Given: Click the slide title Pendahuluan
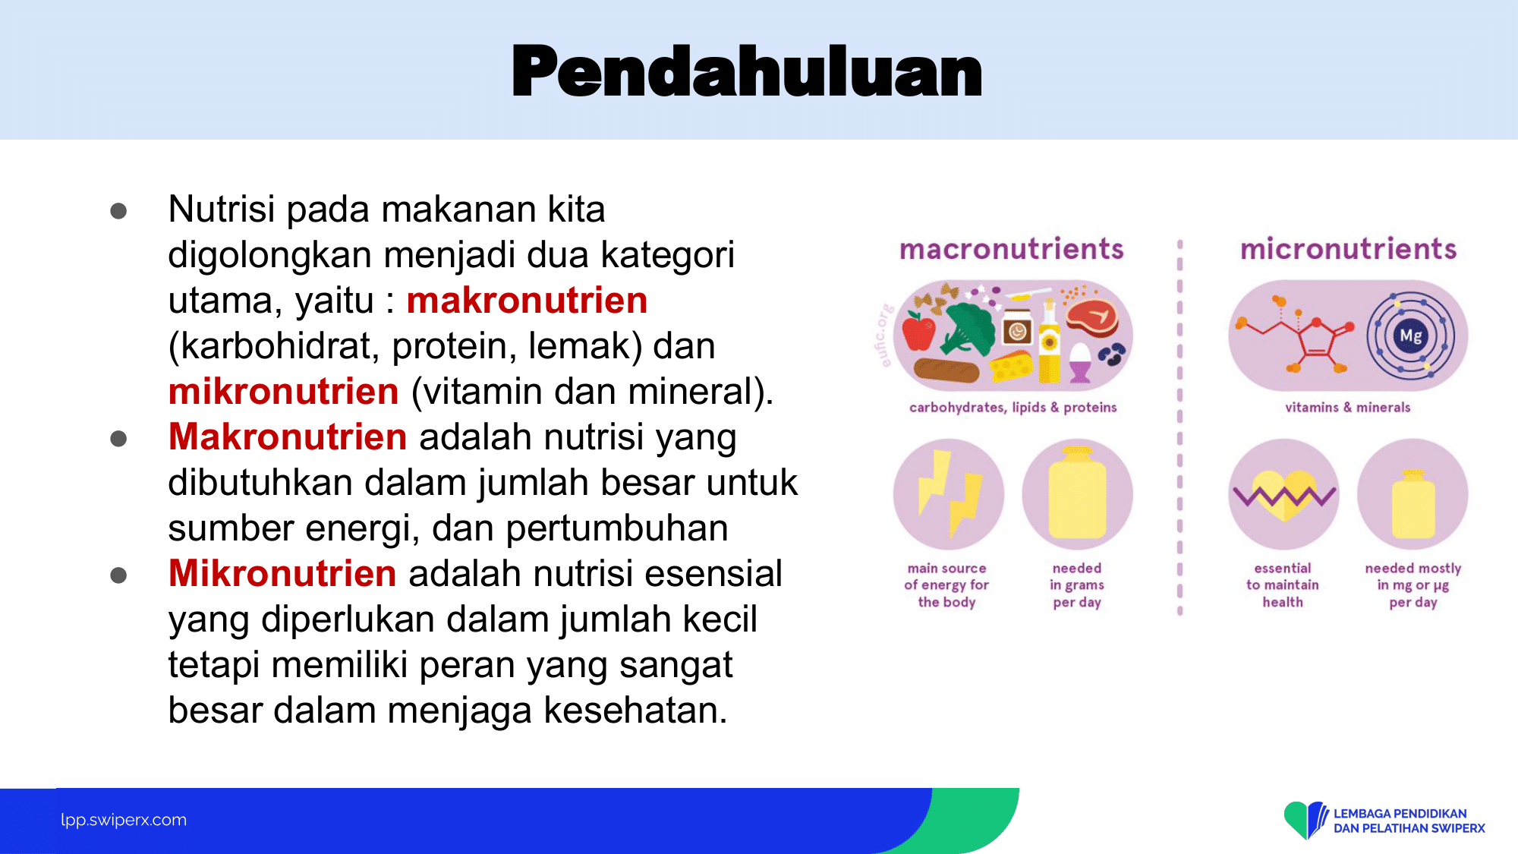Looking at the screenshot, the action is pos(748,71).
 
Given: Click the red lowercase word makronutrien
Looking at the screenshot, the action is pos(527,301).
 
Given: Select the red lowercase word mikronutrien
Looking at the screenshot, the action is pos(283,392).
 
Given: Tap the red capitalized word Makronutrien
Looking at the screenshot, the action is pos(288,437).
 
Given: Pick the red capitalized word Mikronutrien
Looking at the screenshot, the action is pos(282,574).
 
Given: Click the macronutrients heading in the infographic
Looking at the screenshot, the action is pos(1012,249).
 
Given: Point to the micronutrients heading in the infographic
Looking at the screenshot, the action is pos(1348,249).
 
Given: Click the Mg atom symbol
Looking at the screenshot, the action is pos(1411,336).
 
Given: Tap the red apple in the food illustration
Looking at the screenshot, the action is pos(919,332).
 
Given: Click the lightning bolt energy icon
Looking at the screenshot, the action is pos(949,493).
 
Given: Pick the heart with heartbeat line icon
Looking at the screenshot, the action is pos(1283,495).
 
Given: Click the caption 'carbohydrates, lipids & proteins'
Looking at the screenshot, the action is pos(1013,408).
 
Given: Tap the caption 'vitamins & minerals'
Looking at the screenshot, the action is pos(1348,408).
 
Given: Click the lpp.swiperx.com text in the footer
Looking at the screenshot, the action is pos(124,820).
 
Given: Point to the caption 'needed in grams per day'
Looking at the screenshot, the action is pos(1077,585).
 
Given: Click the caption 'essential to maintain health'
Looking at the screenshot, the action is pos(1283,585).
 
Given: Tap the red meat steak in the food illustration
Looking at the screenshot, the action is pos(1091,318).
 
